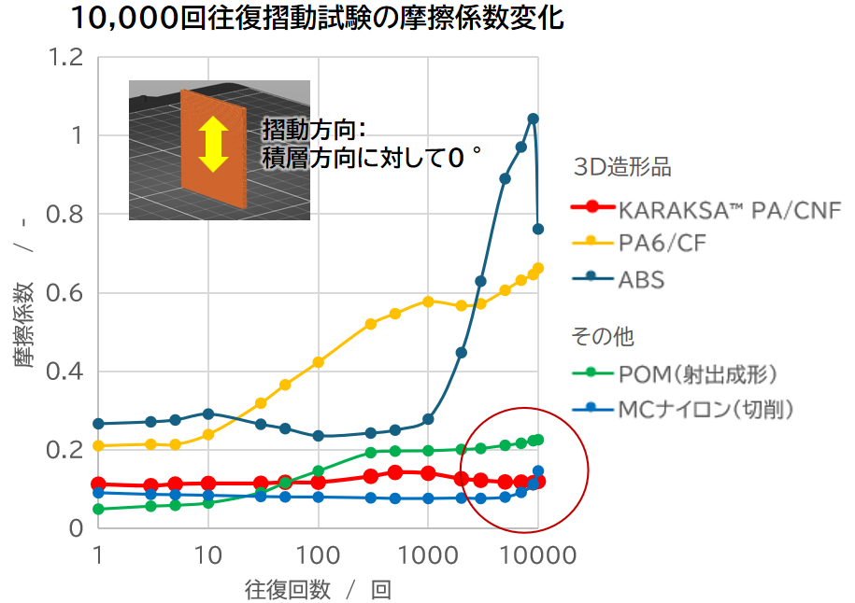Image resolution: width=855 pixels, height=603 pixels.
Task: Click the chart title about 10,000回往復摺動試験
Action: pos(318,18)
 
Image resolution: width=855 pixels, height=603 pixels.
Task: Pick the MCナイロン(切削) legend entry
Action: pos(705,409)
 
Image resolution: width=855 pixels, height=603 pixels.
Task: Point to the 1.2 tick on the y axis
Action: pos(68,58)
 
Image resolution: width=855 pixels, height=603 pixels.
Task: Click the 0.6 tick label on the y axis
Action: pos(68,293)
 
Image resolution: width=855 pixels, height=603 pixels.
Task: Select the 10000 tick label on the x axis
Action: pos(537,554)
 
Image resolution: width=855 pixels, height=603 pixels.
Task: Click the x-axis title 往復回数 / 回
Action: pos(318,590)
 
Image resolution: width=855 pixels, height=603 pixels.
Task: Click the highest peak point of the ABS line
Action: pos(533,119)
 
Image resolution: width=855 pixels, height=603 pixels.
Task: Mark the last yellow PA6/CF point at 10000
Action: pos(537,269)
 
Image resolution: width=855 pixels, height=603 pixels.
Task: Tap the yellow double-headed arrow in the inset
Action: pos(214,143)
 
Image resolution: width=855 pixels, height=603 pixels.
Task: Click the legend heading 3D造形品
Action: pos(622,168)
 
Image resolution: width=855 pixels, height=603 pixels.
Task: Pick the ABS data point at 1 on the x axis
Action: pos(98,424)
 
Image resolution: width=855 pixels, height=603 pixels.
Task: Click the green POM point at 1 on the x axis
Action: pos(98,509)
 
